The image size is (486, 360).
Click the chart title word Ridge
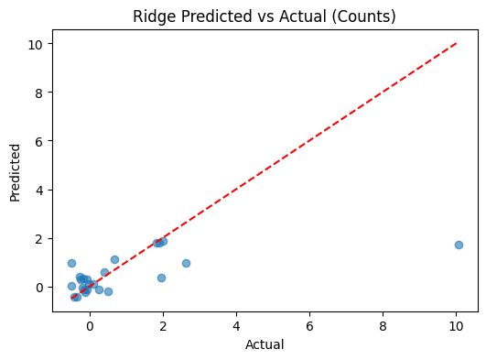pos(152,16)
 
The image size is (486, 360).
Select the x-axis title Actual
pos(265,344)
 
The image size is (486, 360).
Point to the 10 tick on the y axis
pos(38,44)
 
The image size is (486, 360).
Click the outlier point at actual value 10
pos(459,245)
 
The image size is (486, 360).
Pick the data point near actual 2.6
pos(186,263)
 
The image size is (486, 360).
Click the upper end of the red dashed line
pos(457,43)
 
